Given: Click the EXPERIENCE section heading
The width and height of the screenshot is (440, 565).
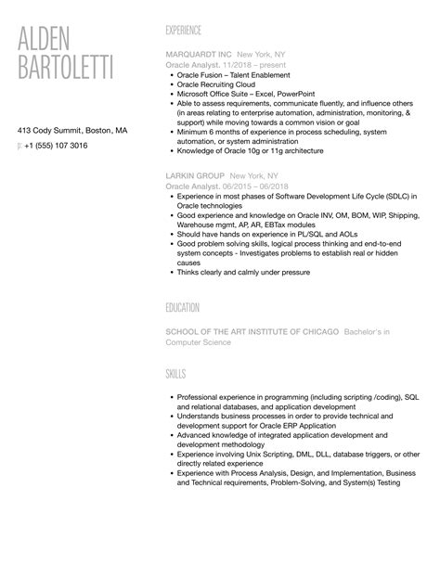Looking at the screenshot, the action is tap(190, 30).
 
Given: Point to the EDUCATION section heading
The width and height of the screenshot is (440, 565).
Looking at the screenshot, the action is tap(188, 307).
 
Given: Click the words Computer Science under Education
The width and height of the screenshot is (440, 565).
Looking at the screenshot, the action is tap(199, 342).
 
